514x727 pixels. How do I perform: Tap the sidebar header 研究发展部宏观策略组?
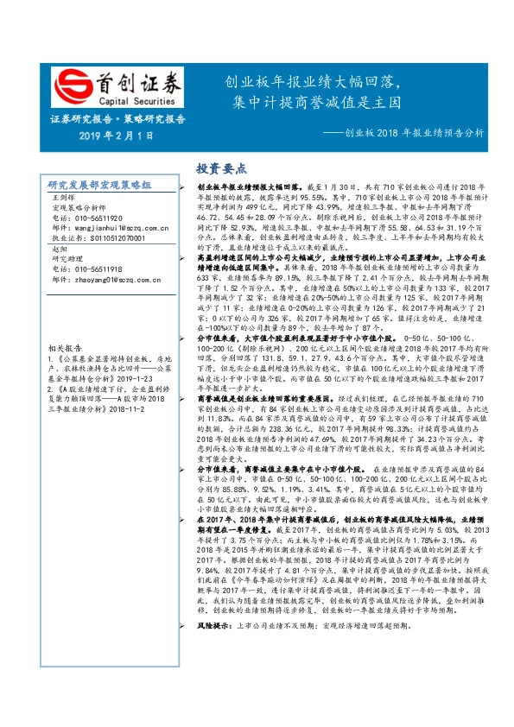99,186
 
